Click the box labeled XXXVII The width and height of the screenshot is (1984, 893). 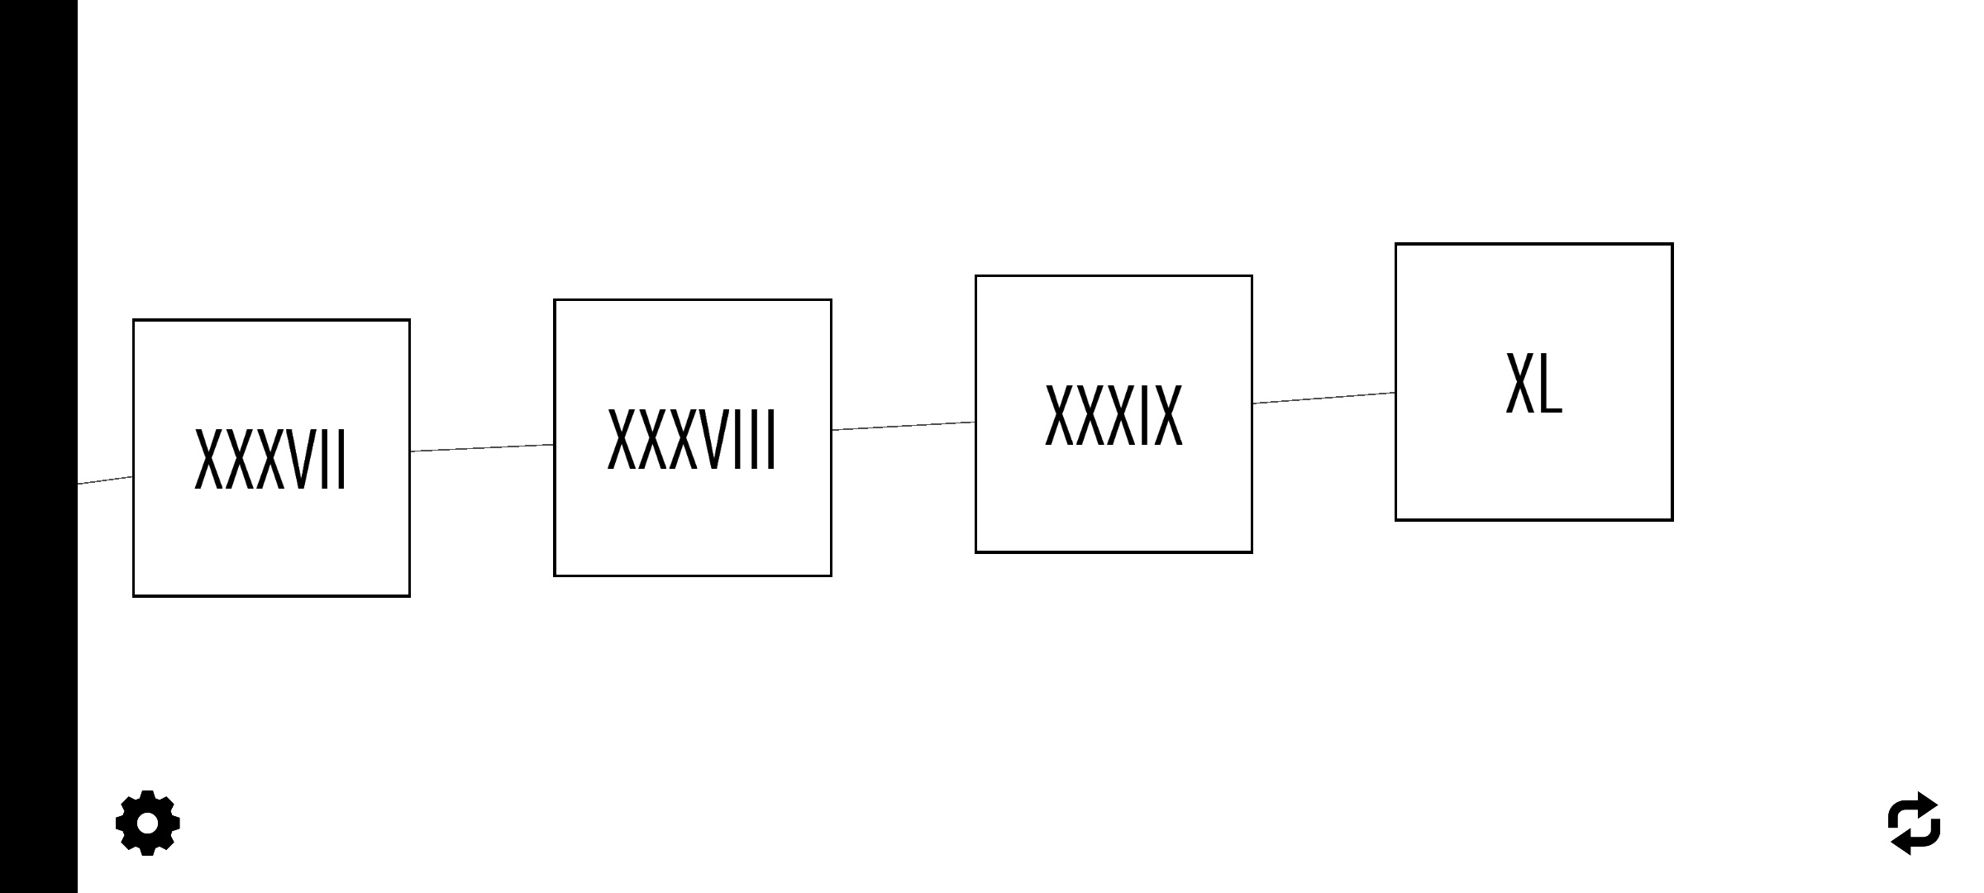271,458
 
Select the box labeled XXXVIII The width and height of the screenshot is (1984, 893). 693,437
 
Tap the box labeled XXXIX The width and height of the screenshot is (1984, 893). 1114,414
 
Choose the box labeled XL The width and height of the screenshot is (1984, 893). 1534,382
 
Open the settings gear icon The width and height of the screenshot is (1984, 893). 147,823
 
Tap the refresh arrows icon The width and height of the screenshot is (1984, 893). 1915,824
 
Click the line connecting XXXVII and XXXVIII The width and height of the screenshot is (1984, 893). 482,448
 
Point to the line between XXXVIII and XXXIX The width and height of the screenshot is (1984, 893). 904,426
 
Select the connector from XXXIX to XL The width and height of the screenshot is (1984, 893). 1323,398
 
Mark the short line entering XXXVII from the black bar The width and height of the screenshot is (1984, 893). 105,480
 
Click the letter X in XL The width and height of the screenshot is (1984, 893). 1520,382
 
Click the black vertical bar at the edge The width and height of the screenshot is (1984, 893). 39,446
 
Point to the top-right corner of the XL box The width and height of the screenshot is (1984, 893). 1672,244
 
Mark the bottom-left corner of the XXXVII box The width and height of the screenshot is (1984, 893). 134,595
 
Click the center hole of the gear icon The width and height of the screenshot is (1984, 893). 147,824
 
